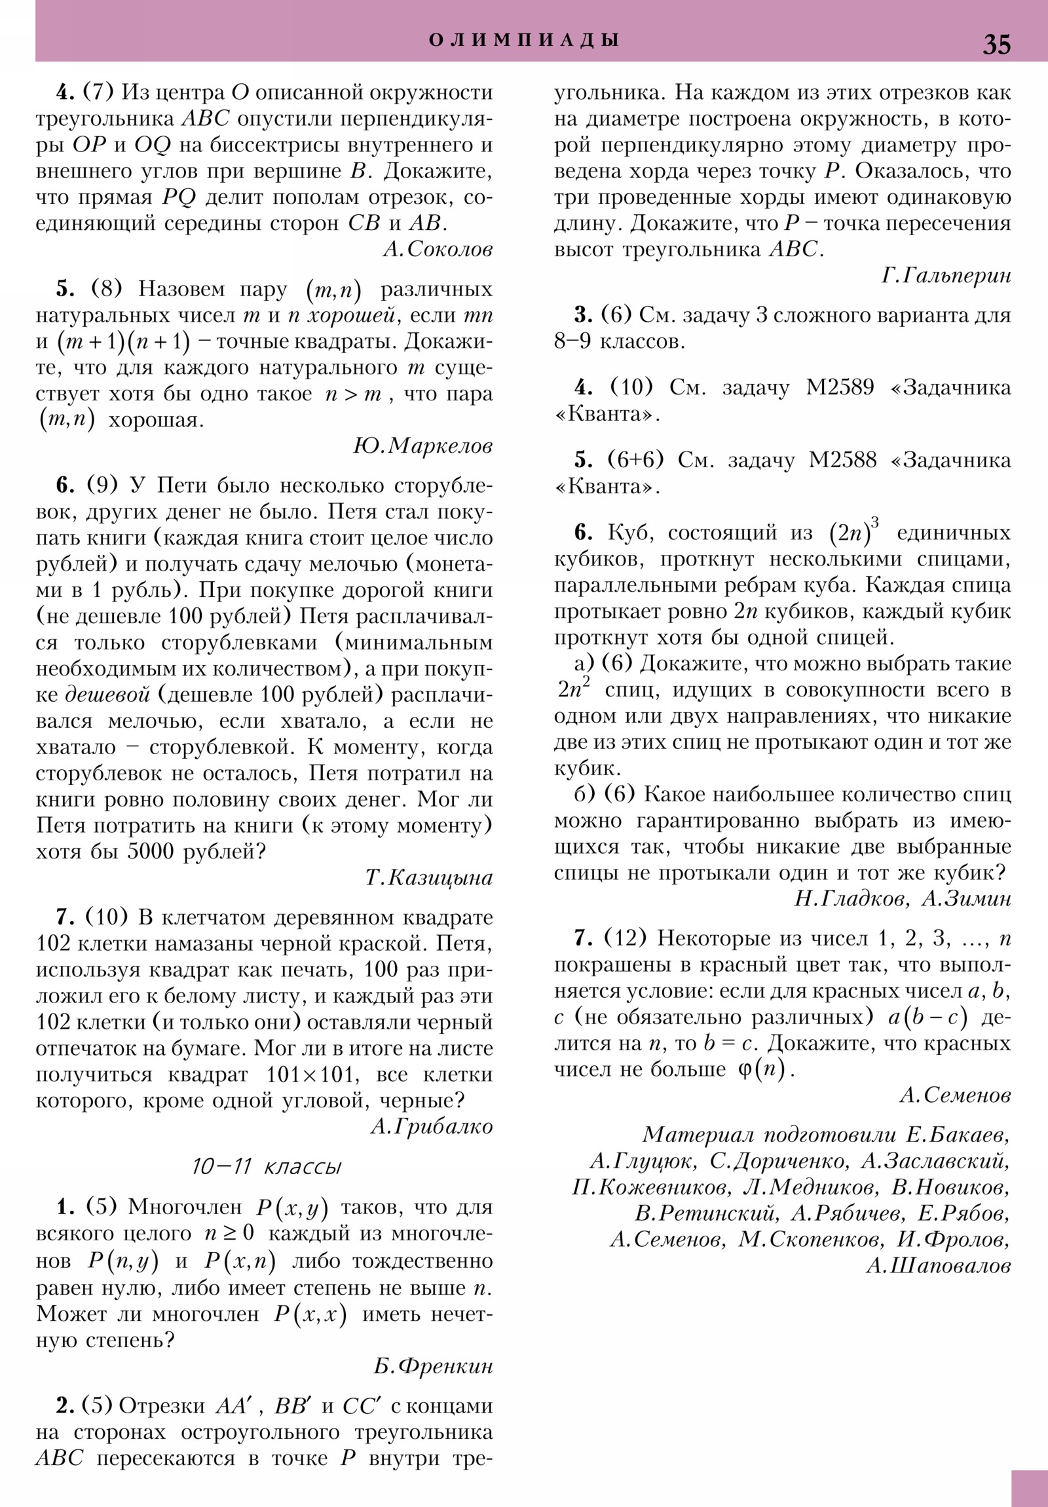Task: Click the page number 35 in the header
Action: click(996, 44)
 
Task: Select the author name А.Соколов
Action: click(437, 250)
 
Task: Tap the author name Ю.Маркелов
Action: click(422, 446)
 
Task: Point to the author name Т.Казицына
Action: click(428, 878)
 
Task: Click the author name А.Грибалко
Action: click(431, 1127)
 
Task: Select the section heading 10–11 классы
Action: click(267, 1166)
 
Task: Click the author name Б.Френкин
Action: click(433, 1367)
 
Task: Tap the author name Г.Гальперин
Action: click(946, 277)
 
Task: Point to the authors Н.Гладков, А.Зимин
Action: click(903, 898)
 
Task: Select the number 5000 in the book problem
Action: click(151, 852)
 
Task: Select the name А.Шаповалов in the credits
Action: click(938, 1265)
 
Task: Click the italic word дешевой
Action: click(107, 695)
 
